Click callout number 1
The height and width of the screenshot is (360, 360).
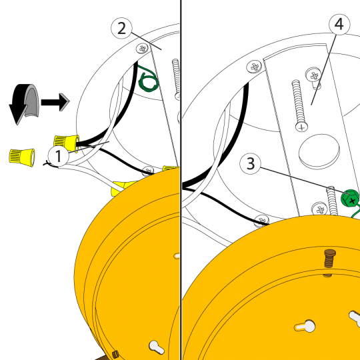[58, 156]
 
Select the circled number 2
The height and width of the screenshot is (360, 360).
[121, 29]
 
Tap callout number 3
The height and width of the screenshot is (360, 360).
[250, 164]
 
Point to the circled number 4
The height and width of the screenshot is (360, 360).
[339, 25]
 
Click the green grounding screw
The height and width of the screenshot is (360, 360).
[350, 198]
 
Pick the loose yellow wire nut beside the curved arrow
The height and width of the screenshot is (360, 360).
[22, 157]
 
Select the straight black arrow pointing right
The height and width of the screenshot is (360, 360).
[55, 102]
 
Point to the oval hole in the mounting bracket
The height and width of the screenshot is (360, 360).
[319, 151]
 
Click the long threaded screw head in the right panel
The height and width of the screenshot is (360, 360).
[302, 127]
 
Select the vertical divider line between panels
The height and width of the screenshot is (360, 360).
[181, 180]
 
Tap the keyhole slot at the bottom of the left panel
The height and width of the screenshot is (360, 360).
[157, 347]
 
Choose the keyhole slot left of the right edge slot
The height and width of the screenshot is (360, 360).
[305, 326]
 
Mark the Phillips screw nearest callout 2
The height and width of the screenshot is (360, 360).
[143, 49]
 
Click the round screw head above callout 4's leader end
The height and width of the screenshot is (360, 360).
[313, 75]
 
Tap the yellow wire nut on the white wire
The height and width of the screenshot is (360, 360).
[121, 187]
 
